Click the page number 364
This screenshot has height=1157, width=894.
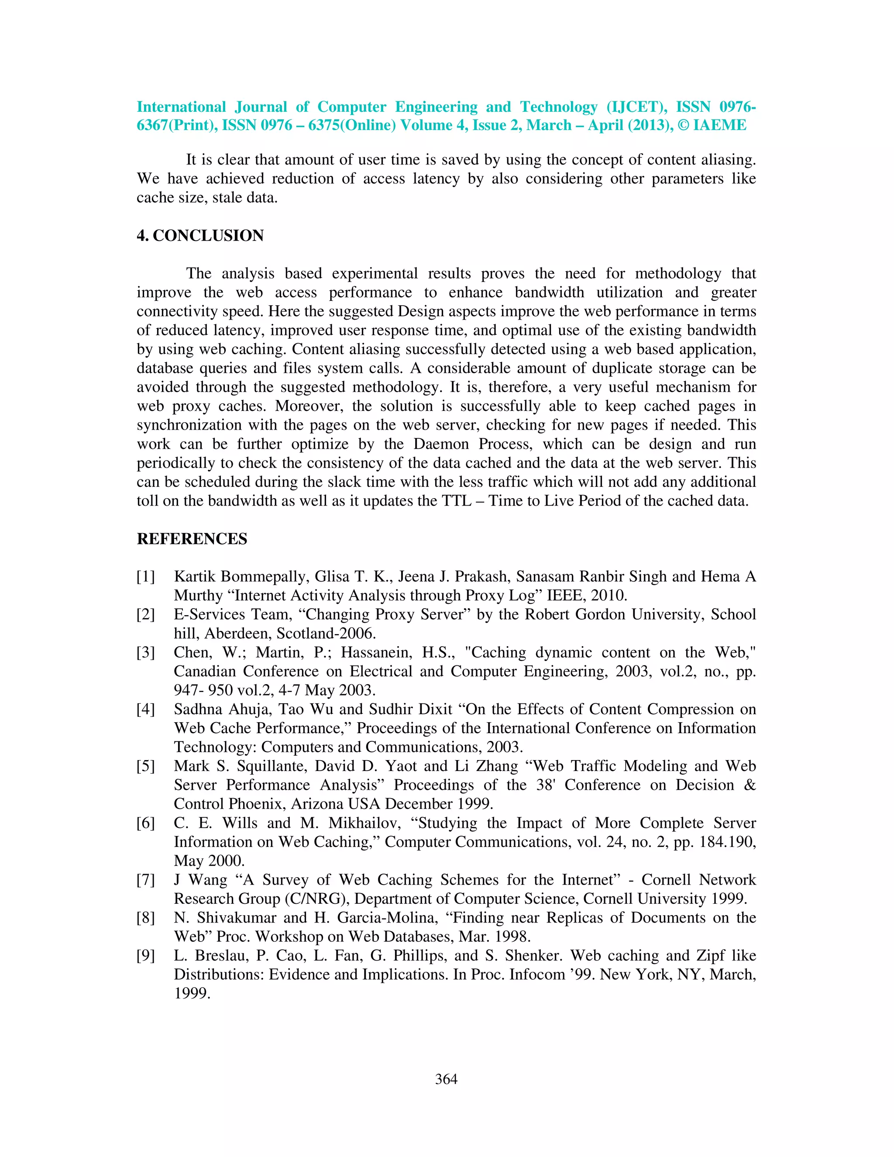coord(446,1079)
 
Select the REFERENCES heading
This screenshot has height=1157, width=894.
coord(192,539)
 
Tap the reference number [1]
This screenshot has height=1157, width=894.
coord(146,576)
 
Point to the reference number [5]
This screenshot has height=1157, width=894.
coord(146,766)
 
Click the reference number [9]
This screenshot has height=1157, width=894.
coord(146,956)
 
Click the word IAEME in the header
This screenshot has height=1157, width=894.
coord(720,126)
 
